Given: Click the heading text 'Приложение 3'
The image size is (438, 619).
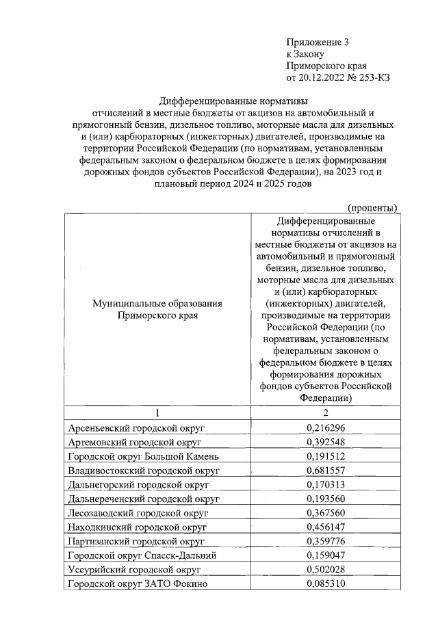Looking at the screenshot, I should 317,42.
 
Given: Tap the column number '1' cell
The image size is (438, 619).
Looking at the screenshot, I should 157,412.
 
